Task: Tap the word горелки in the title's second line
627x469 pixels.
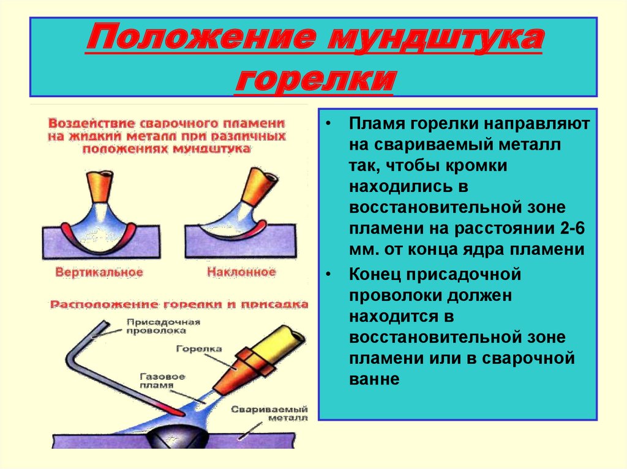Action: [315, 79]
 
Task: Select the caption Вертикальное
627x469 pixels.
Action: [99, 273]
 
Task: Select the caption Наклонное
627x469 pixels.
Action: [241, 272]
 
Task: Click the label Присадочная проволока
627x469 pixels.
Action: [163, 326]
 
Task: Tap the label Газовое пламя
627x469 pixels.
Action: [162, 381]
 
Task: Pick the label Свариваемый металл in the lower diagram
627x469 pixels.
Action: [269, 413]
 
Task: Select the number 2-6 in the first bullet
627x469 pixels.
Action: [573, 229]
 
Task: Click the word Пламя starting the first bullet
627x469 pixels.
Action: [375, 124]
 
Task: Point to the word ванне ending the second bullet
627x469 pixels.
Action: [374, 379]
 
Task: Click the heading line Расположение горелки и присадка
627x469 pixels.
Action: [179, 304]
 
